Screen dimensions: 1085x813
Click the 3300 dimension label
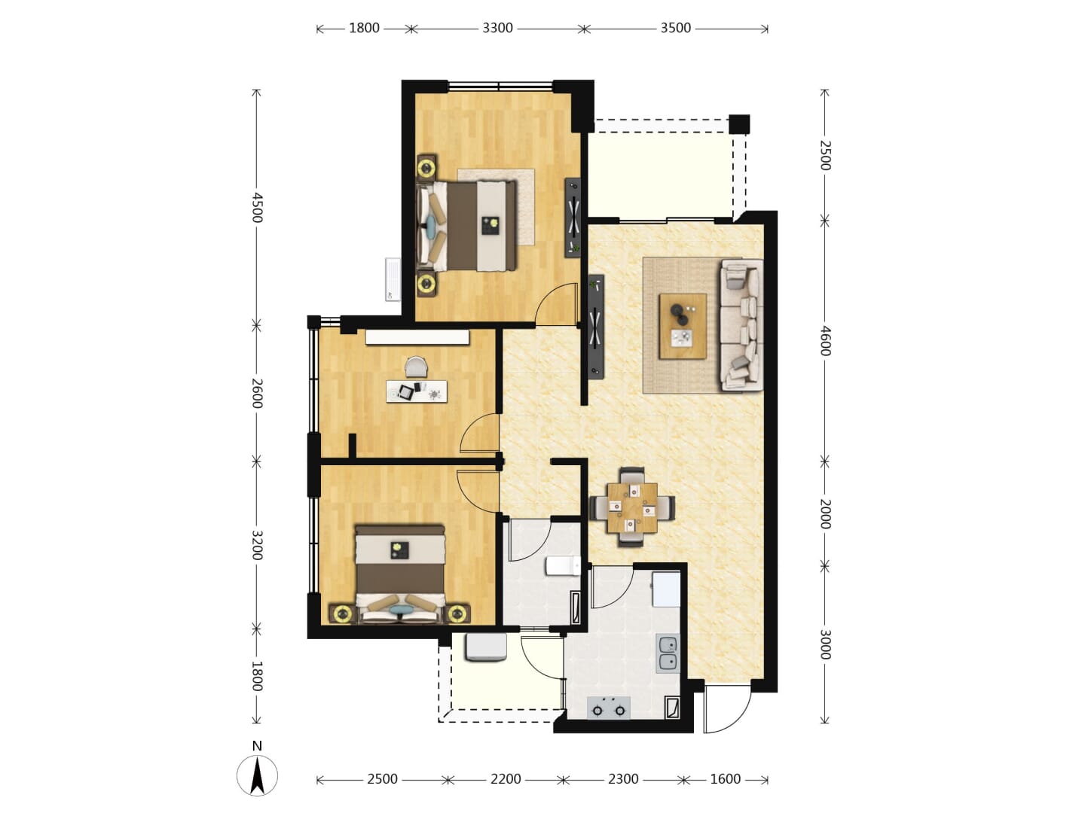click(497, 28)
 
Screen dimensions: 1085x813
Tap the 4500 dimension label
click(256, 208)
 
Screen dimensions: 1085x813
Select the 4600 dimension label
click(825, 340)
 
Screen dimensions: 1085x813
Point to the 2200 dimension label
click(506, 779)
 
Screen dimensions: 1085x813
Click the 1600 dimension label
click(725, 779)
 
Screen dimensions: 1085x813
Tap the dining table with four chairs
click(632, 507)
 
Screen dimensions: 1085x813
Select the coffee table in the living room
click(683, 326)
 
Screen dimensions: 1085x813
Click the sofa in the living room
click(741, 324)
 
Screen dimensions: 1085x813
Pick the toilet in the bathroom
click(563, 565)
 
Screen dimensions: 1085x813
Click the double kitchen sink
click(668, 653)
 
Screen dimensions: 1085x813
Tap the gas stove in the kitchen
click(609, 708)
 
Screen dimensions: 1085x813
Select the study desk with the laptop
click(417, 391)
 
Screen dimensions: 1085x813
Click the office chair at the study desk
click(416, 367)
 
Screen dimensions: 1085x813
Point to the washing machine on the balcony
click(485, 647)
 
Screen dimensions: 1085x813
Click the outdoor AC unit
click(393, 279)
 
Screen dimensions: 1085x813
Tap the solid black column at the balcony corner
click(739, 124)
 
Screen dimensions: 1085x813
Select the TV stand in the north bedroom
click(573, 218)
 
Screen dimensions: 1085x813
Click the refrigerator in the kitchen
click(666, 589)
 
